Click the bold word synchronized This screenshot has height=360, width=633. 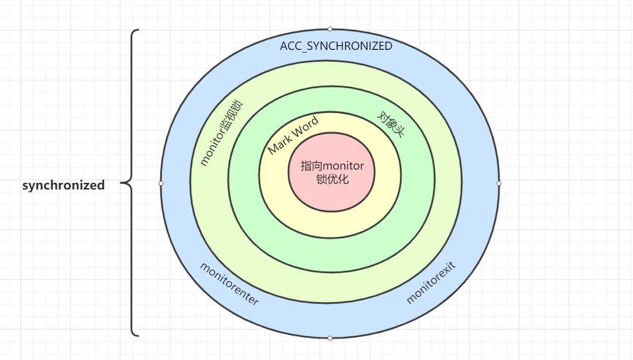pos(63,185)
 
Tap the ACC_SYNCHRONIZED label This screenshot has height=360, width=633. pos(336,46)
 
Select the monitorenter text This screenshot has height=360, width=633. pos(229,284)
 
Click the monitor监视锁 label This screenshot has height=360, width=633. pos(220,133)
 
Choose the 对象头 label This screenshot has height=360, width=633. pos(391,124)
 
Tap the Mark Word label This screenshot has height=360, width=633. pos(293,134)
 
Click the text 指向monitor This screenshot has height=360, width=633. pos(332,166)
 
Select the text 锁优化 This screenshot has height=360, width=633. pos(332,179)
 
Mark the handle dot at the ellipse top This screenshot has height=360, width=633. pos(330,29)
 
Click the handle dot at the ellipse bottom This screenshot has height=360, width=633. pos(330,338)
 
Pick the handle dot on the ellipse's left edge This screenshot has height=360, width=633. pos(161,183)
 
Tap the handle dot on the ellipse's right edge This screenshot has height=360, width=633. pos(499,183)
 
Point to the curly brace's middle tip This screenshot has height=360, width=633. pos(122,182)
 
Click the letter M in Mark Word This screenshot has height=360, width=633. pos(273,149)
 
